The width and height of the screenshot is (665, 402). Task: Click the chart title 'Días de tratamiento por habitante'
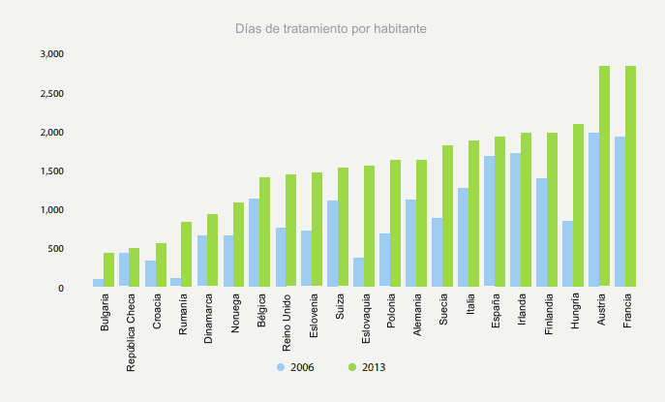pos(331,29)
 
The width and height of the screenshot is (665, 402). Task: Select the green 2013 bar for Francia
pos(630,176)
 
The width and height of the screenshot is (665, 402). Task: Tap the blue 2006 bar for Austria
pos(593,210)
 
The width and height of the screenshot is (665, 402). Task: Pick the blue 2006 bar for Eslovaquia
pos(359,272)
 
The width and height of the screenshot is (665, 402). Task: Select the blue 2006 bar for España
pos(490,222)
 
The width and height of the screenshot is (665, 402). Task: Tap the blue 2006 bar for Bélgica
pos(255,243)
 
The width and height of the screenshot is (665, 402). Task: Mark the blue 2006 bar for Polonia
pos(385,261)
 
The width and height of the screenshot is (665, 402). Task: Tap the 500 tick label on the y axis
pos(56,249)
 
